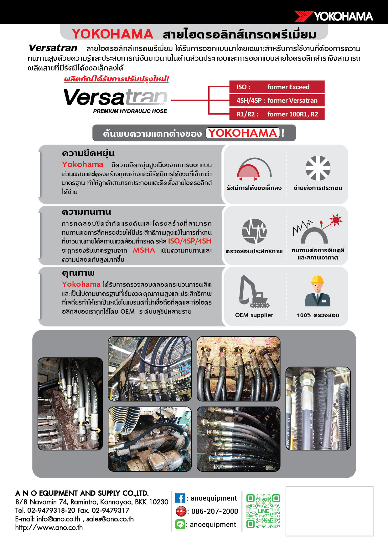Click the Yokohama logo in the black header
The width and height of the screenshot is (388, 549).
pyautogui.click(x=334, y=16)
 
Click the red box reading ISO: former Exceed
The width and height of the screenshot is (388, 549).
pyautogui.click(x=277, y=87)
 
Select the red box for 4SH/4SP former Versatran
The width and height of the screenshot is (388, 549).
pyautogui.click(x=277, y=100)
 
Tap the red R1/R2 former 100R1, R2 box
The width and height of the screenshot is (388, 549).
pyautogui.click(x=277, y=114)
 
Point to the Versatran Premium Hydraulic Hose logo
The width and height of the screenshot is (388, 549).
pyautogui.click(x=116, y=100)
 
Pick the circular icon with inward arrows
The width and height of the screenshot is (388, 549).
pyautogui.click(x=318, y=168)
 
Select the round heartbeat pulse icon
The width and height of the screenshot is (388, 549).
pyautogui.click(x=254, y=231)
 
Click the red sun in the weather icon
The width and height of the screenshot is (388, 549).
pyautogui.click(x=336, y=220)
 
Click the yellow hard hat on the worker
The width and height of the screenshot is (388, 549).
pyautogui.click(x=318, y=279)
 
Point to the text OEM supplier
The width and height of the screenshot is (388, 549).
pyautogui.click(x=254, y=315)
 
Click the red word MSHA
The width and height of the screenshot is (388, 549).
pyautogui.click(x=144, y=250)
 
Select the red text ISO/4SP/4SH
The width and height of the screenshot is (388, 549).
pyautogui.click(x=190, y=241)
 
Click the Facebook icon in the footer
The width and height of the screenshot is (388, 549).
pyautogui.click(x=180, y=498)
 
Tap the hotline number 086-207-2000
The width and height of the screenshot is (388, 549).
pyautogui.click(x=215, y=511)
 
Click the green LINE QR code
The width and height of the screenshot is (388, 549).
pyautogui.click(x=263, y=511)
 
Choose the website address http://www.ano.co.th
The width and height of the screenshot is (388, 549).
pyautogui.click(x=49, y=527)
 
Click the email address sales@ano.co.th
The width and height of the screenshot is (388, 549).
pyautogui.click(x=110, y=519)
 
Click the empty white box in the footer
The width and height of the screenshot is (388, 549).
pyautogui.click(x=329, y=511)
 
